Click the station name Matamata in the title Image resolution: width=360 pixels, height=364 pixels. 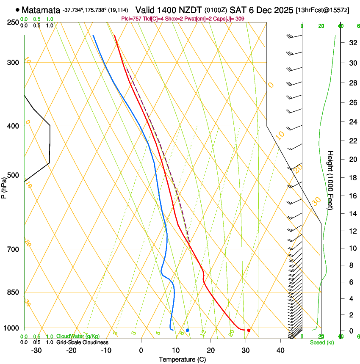point(41,10)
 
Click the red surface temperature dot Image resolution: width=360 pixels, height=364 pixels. point(249,330)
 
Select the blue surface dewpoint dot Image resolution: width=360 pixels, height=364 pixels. point(188,330)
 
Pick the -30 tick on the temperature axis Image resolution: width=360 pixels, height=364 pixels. point(36,350)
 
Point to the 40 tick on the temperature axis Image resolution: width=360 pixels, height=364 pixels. point(280,350)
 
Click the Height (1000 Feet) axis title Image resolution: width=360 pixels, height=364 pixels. point(330,180)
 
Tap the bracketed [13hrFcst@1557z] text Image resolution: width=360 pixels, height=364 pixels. point(323,10)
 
